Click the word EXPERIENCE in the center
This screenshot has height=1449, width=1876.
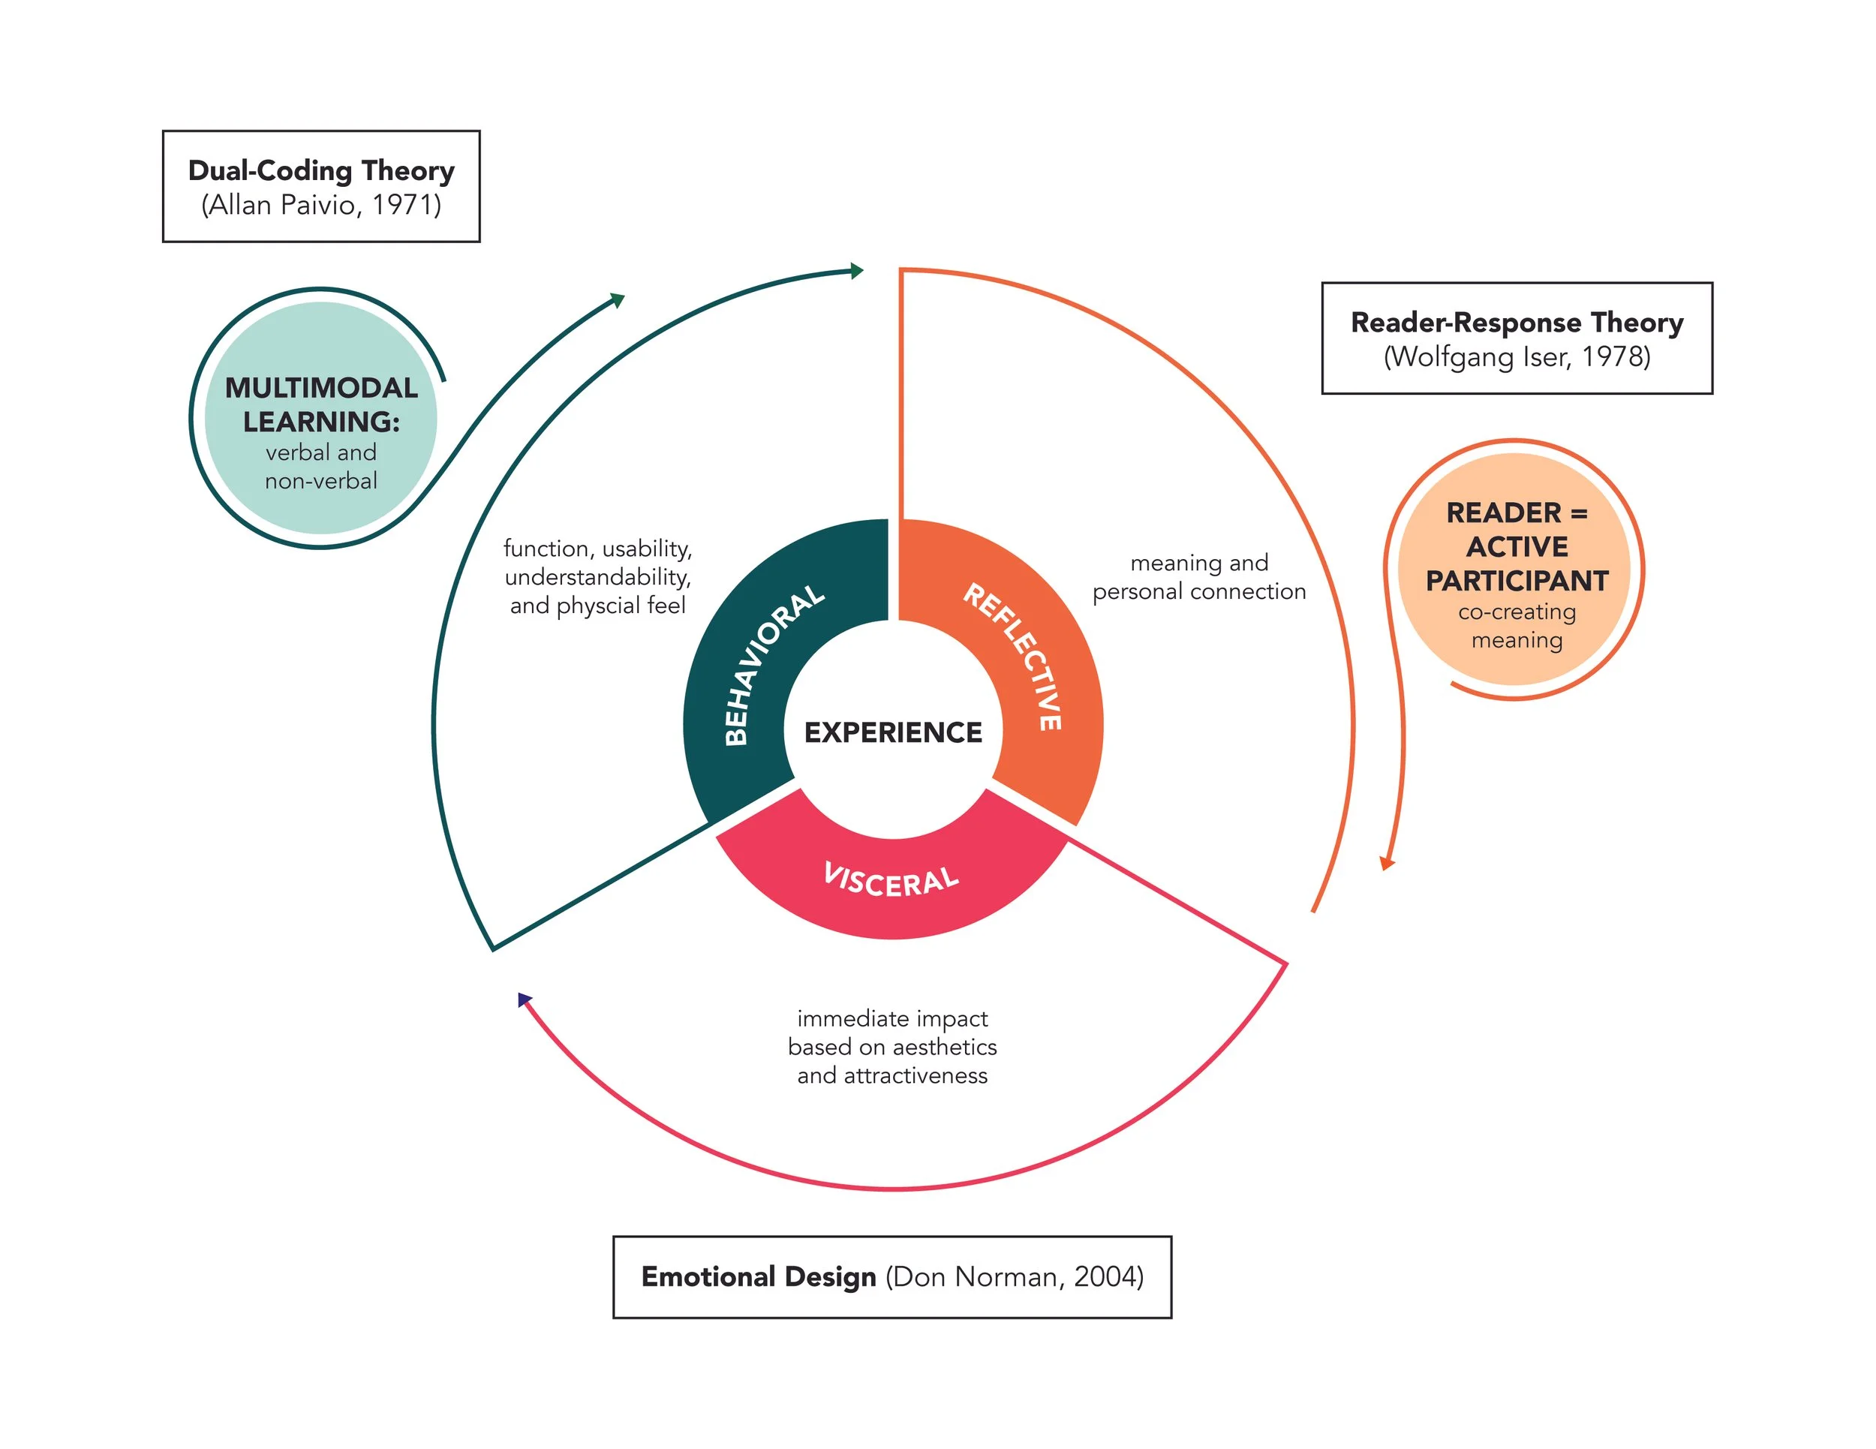point(892,732)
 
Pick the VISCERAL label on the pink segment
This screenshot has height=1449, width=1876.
point(891,879)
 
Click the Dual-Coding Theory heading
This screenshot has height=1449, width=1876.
point(321,170)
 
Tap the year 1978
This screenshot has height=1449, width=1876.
point(1615,356)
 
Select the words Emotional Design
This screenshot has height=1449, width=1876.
point(759,1276)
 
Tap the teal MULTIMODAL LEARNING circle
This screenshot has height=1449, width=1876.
point(320,418)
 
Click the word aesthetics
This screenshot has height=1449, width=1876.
point(945,1046)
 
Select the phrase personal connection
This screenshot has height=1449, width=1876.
point(1199,592)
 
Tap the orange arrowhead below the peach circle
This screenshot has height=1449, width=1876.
point(1387,863)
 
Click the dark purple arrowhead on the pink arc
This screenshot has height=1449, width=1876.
point(524,999)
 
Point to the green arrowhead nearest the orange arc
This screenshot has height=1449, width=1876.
point(855,272)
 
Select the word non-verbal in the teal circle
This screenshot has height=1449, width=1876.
point(320,481)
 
